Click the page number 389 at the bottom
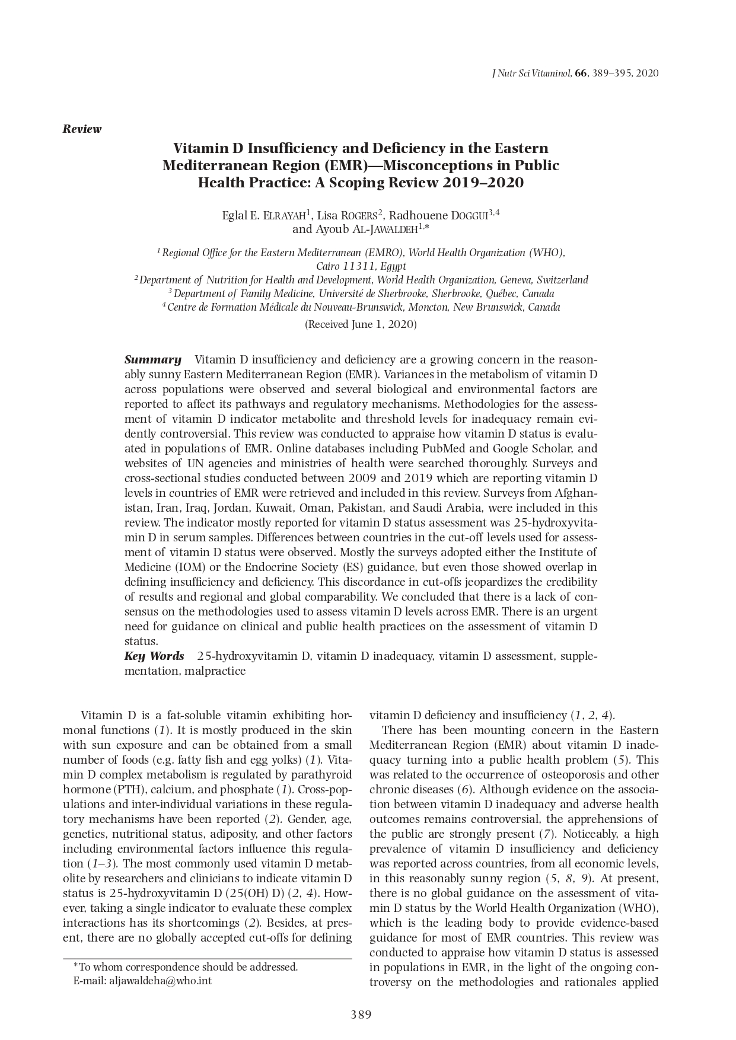pyautogui.click(x=361, y=1015)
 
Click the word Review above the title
pyautogui.click(x=82, y=129)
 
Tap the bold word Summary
pyautogui.click(x=152, y=359)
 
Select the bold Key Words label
pyautogui.click(x=154, y=656)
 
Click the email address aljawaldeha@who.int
pyautogui.click(x=160, y=981)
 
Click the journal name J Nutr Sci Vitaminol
pyautogui.click(x=531, y=74)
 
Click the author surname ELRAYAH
pyautogui.click(x=284, y=215)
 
